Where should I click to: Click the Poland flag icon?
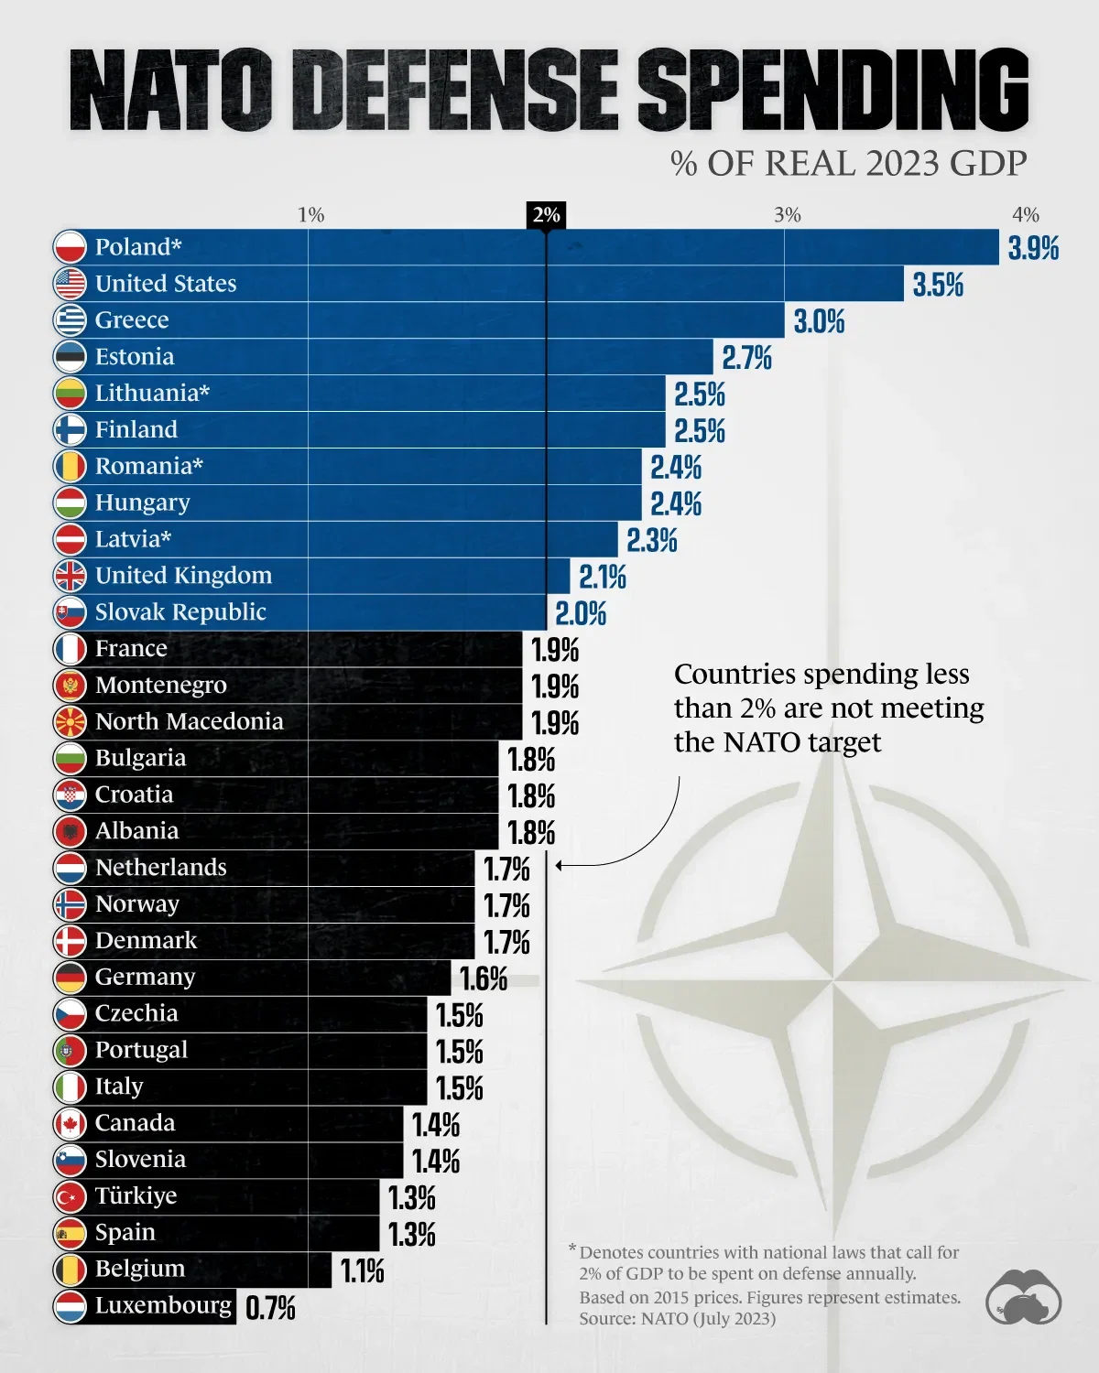70,247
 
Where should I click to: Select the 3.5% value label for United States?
938,285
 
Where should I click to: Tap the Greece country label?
132,320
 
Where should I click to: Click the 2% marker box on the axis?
546,214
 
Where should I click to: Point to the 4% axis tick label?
1026,214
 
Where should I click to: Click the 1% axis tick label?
310,214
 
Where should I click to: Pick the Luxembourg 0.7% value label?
270,1308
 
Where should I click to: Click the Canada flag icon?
70,1123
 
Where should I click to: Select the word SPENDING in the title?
833,90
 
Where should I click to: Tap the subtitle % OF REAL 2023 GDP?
848,164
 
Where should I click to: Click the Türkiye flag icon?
70,1196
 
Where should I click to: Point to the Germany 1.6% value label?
484,978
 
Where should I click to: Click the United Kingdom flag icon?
70,576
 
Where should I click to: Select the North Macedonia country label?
189,721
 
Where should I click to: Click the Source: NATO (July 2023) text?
677,1319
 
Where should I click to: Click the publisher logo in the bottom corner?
1023,1296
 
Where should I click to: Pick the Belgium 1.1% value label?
363,1271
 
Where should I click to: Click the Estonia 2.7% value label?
746,358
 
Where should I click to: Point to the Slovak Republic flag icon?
70,612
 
